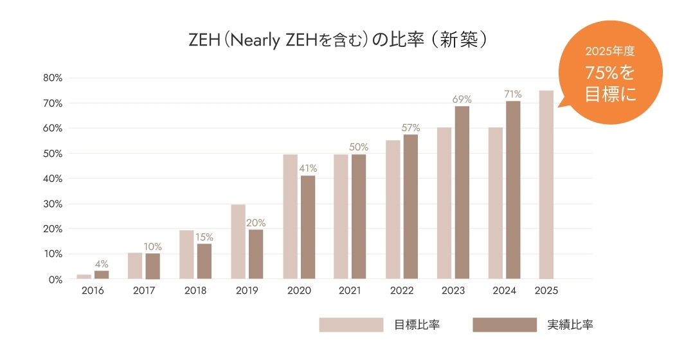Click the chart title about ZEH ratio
(x=337, y=40)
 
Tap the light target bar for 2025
(x=546, y=185)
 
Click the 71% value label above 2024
(x=512, y=94)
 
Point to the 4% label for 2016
(x=102, y=264)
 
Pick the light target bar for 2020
(x=290, y=217)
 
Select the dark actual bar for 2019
(x=256, y=254)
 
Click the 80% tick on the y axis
(x=52, y=78)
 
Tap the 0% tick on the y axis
(x=55, y=280)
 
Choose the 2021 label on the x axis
(x=350, y=291)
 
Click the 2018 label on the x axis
(x=195, y=291)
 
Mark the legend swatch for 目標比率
(x=351, y=325)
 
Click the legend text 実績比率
(x=570, y=325)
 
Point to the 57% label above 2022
(x=411, y=127)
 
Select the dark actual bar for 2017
(x=152, y=266)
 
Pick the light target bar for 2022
(x=393, y=210)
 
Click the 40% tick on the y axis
(x=52, y=179)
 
